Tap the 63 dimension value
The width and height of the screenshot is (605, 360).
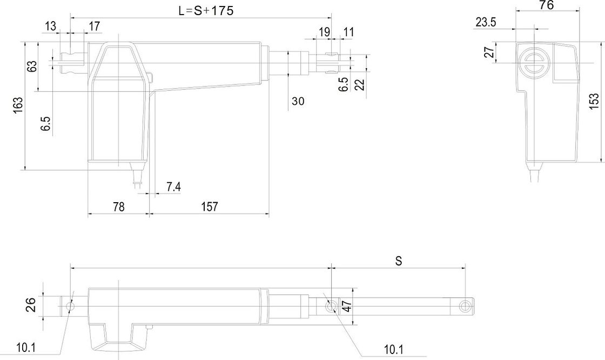(32, 66)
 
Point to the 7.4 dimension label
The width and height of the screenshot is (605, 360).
(173, 186)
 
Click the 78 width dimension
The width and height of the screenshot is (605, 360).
(118, 206)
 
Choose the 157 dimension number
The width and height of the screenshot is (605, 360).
(209, 206)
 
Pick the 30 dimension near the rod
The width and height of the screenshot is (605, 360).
(298, 101)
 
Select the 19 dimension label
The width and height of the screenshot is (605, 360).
(324, 32)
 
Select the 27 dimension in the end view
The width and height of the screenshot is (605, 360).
(489, 53)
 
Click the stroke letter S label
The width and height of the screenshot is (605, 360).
(399, 261)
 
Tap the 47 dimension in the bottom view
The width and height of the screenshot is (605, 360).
(348, 306)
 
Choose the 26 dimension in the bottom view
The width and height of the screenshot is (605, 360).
(31, 305)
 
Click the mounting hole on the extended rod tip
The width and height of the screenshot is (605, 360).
(463, 306)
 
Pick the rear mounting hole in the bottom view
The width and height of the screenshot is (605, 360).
(70, 306)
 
